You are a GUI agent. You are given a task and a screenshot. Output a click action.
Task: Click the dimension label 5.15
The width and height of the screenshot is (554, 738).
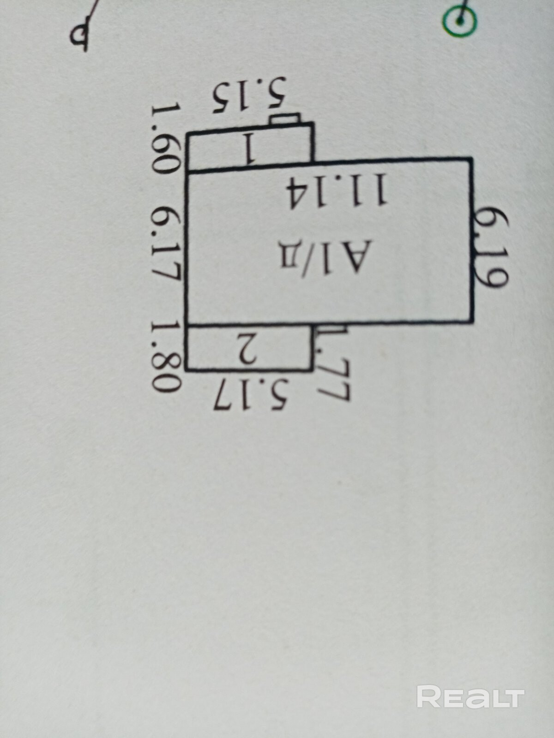(x=250, y=98)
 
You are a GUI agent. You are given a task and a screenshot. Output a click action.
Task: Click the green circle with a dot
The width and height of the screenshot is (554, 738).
(x=460, y=20)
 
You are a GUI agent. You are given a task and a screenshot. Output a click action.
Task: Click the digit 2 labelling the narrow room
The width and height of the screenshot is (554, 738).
(x=250, y=349)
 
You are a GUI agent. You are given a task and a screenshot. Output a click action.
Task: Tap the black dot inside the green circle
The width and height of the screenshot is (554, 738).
(x=460, y=20)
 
